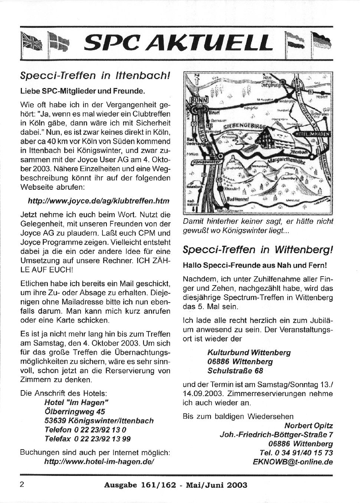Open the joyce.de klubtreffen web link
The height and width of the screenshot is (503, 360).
click(99, 201)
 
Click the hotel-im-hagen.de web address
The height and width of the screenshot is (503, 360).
click(99, 462)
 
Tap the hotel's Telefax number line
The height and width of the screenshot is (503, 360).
click(88, 439)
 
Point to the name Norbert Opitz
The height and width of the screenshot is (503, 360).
click(308, 425)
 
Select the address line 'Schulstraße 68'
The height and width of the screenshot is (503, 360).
click(235, 370)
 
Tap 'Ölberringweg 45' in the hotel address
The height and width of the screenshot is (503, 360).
click(75, 411)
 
